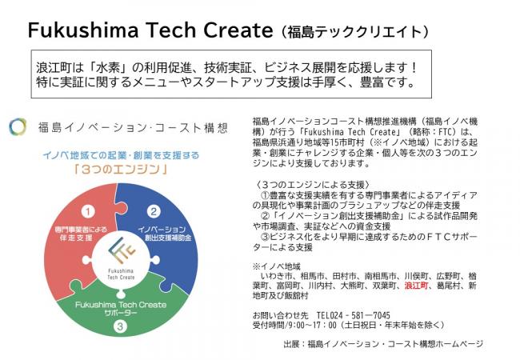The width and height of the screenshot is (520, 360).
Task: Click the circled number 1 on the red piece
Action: click(x=89, y=211)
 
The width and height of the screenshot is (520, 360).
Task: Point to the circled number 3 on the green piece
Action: click(x=120, y=326)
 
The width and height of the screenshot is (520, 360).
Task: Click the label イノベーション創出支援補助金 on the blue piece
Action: click(x=164, y=234)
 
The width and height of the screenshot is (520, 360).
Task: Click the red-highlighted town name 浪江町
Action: click(x=418, y=285)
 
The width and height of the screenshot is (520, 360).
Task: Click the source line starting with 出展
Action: click(x=382, y=345)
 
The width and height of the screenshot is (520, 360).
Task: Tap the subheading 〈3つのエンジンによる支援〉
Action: click(x=301, y=185)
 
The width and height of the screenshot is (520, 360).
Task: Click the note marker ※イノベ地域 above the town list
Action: click(x=276, y=265)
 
